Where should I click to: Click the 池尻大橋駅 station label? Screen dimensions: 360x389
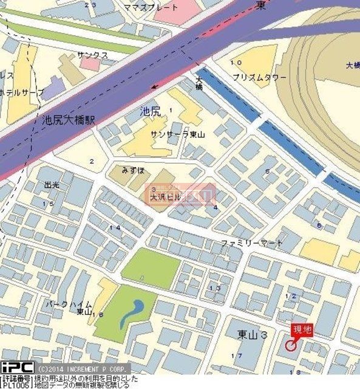coord(69,120)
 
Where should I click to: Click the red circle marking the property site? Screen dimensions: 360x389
coord(291,345)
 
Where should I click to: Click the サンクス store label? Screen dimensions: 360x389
coord(92,55)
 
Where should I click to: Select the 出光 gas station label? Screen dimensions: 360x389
coord(53,184)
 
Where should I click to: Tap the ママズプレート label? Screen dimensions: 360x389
coord(159,7)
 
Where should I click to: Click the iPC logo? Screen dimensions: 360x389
coord(16,368)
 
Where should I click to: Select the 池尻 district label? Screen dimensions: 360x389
coord(150,111)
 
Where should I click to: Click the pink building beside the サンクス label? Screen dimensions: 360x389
coord(90,64)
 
